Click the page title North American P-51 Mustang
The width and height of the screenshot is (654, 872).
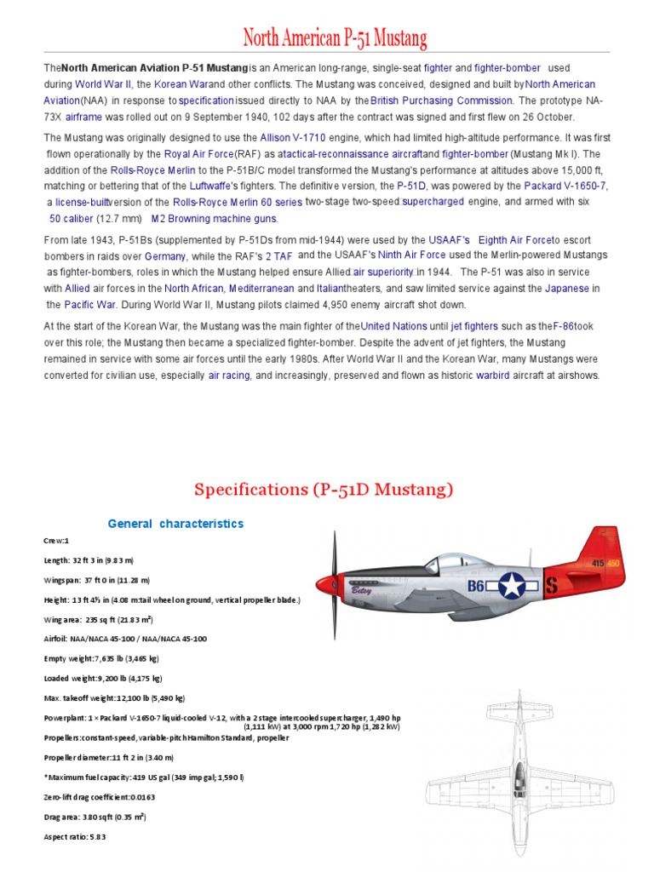pos(335,38)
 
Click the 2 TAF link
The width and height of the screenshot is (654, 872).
pos(279,256)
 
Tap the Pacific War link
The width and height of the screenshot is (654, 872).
pos(89,304)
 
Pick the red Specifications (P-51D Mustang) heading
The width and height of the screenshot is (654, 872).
pos(324,490)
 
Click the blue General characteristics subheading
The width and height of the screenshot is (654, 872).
pos(175,524)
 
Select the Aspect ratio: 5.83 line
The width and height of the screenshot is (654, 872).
pos(75,837)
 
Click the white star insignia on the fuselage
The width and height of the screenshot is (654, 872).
pos(513,585)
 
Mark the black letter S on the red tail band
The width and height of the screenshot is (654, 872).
pos(551,586)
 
